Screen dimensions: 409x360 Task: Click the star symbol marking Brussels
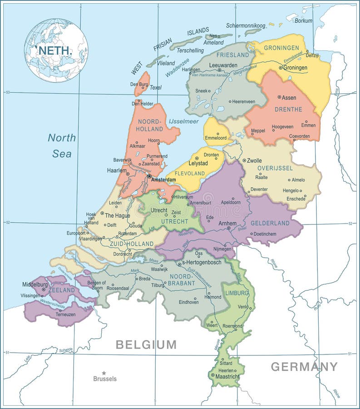(x=104, y=373)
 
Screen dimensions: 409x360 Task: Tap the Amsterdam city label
(x=163, y=180)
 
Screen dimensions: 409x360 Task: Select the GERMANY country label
(x=304, y=367)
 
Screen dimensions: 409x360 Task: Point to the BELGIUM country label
(x=146, y=344)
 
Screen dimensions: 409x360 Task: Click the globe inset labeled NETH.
(x=56, y=50)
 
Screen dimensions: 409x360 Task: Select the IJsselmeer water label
(x=183, y=122)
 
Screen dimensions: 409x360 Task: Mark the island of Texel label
(x=155, y=87)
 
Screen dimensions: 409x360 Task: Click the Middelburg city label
(x=35, y=284)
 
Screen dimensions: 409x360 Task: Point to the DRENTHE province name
(x=288, y=110)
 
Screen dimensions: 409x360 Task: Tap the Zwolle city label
(x=254, y=160)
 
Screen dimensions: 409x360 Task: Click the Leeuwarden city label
(x=223, y=65)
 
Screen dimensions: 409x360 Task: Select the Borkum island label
(x=303, y=20)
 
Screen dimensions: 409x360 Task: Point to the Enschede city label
(x=296, y=199)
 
